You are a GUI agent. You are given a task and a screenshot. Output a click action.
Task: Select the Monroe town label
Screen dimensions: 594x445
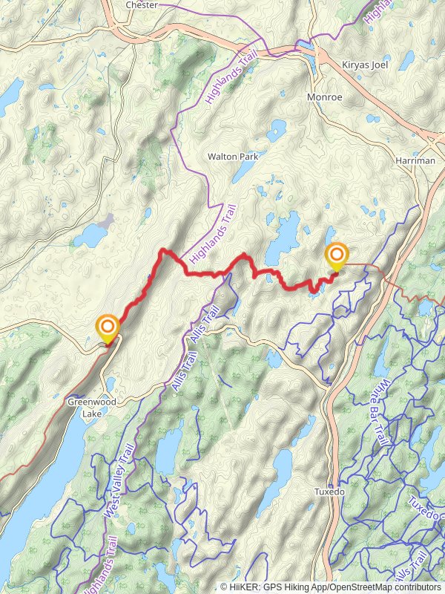[324, 97]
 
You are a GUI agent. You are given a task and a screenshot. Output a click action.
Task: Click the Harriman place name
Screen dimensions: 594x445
[415, 160]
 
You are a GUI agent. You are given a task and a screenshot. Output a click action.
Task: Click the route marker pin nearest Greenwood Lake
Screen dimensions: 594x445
[108, 328]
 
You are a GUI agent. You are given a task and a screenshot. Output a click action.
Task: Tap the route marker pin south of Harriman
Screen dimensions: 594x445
[337, 256]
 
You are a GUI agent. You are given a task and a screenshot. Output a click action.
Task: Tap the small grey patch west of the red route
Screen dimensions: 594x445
[108, 221]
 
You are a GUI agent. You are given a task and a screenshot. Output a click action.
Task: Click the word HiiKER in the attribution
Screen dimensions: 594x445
[244, 587]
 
